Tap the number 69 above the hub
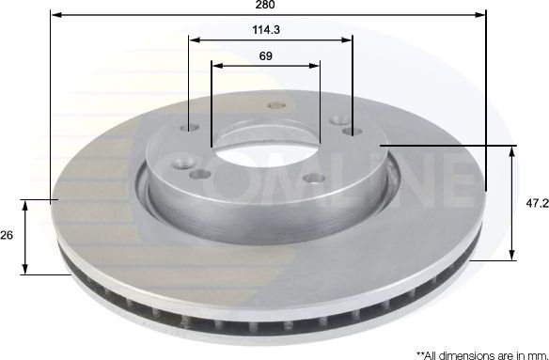click(266, 56)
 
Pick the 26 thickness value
click(8, 235)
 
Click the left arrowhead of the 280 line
click(55, 15)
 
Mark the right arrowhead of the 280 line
click(482, 15)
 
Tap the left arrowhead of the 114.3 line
click(193, 39)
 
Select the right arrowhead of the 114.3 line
click(348, 39)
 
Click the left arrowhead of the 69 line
click(216, 66)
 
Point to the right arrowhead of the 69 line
click(315, 66)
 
